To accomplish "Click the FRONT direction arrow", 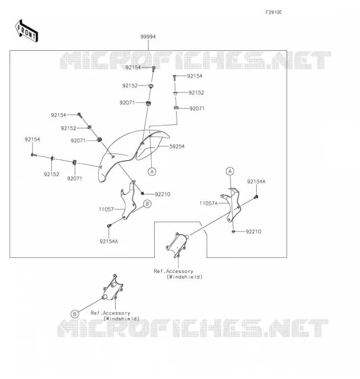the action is pyautogui.click(x=27, y=31).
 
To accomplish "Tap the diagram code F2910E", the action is pyautogui.click(x=274, y=12).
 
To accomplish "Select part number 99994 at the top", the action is pyautogui.click(x=148, y=37).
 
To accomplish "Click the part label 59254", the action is pyautogui.click(x=177, y=146).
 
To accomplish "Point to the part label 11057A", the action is pyautogui.click(x=209, y=204).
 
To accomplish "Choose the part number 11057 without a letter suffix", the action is pyautogui.click(x=106, y=209).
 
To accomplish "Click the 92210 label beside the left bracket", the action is pyautogui.click(x=163, y=194).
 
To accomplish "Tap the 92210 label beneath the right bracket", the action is pyautogui.click(x=253, y=232).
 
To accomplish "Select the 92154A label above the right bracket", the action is pyautogui.click(x=256, y=181).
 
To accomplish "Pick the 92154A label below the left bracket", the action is pyautogui.click(x=109, y=242).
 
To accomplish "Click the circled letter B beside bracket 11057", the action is pyautogui.click(x=148, y=204).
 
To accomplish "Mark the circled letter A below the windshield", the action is pyautogui.click(x=152, y=171).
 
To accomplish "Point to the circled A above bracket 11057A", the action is pyautogui.click(x=230, y=171).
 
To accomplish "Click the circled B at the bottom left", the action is pyautogui.click(x=75, y=314).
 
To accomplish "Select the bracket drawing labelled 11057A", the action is pyautogui.click(x=231, y=206).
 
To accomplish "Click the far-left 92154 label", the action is pyautogui.click(x=32, y=139).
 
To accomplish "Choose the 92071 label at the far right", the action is pyautogui.click(x=197, y=109).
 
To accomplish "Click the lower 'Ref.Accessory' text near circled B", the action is pyautogui.click(x=111, y=313).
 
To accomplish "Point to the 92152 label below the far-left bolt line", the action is pyautogui.click(x=52, y=174).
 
